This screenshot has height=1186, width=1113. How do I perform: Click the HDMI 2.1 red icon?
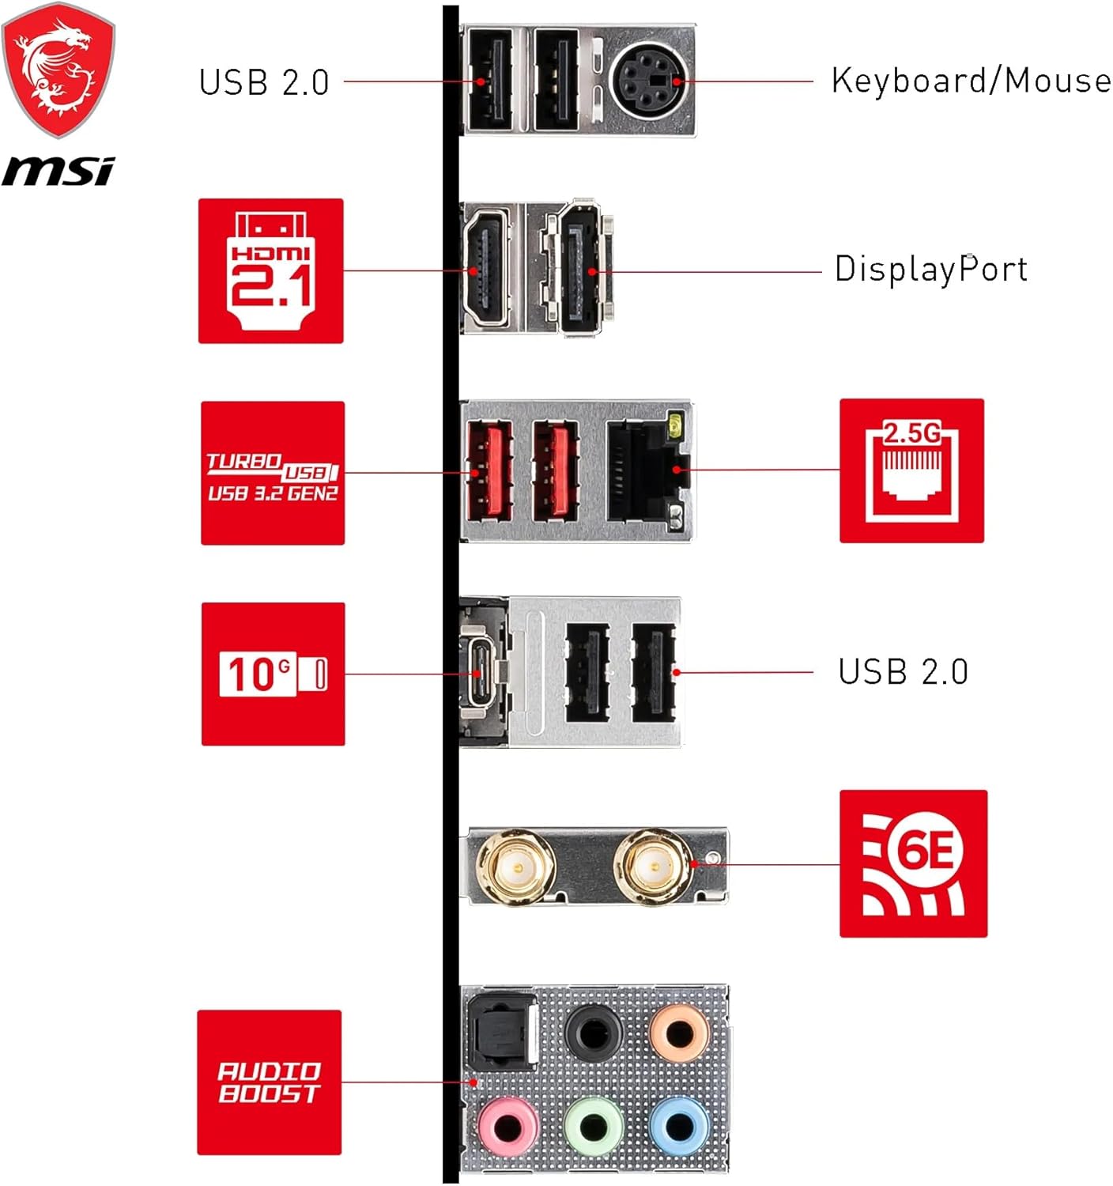coord(270,270)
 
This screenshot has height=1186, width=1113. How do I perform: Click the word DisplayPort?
coord(931,269)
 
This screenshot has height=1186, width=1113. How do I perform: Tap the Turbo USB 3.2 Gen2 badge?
coord(273,473)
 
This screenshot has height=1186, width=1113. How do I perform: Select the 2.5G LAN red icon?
coord(911,470)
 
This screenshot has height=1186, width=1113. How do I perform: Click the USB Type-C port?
coord(480,673)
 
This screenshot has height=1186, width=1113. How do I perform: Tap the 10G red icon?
coord(273,674)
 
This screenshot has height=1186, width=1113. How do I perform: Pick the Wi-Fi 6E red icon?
coord(913,863)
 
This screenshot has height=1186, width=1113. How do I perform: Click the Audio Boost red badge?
coord(269,1082)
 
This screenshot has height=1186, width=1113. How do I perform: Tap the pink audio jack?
coord(508,1126)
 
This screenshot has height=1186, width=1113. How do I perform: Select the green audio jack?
coord(594,1126)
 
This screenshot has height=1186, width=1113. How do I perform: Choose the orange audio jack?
coord(679,1033)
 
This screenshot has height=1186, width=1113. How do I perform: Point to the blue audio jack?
coord(679,1126)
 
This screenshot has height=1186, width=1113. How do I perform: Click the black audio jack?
coord(594,1033)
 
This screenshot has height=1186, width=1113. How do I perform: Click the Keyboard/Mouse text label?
coord(971,81)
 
